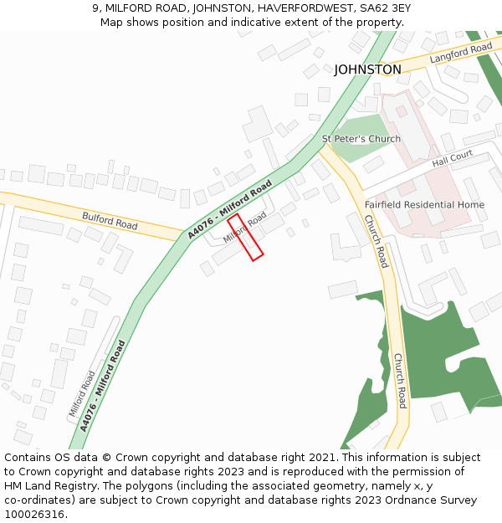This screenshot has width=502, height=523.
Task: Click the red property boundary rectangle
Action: tap(245, 237)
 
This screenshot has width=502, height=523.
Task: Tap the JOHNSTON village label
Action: tap(367, 69)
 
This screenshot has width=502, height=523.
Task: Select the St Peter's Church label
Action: tap(361, 138)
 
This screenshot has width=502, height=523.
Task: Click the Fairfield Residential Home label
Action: tap(424, 204)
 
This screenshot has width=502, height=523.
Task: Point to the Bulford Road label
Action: tap(110, 221)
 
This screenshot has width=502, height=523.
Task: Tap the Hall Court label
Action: tap(453, 158)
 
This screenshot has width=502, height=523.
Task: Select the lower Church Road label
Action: tap(400, 381)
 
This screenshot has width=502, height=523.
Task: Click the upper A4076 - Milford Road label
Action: tap(230, 209)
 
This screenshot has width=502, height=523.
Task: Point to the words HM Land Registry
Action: tap(48, 486)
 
